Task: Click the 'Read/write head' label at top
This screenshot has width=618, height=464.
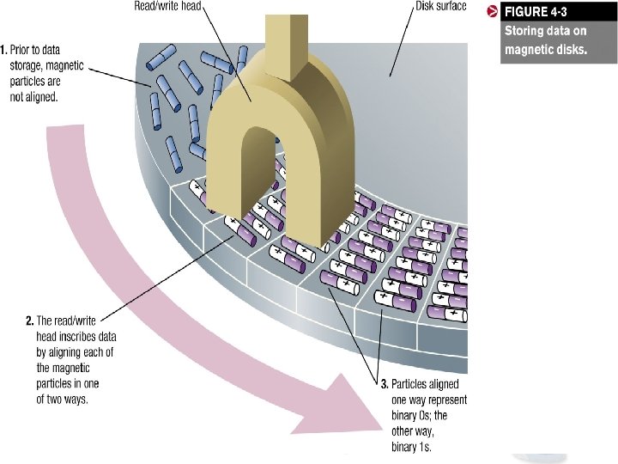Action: [167, 7]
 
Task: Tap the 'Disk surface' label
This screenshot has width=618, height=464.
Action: [440, 7]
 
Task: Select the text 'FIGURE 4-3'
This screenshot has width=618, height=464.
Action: [536, 13]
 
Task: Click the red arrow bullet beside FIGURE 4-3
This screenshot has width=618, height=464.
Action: [493, 11]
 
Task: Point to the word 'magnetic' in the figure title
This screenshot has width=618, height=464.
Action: [530, 50]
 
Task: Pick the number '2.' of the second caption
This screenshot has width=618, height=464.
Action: [30, 321]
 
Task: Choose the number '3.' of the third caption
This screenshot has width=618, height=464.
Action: [385, 383]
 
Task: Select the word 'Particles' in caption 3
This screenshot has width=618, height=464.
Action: [413, 383]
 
